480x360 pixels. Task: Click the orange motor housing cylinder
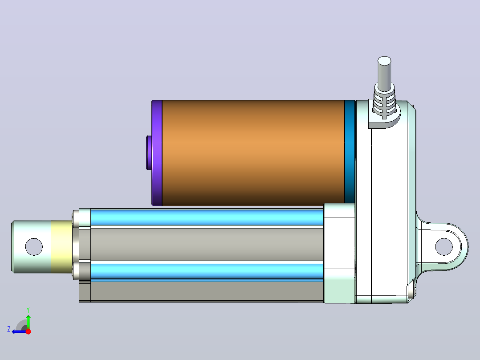253,152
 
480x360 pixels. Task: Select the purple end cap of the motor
157,152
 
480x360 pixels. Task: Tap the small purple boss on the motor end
149,152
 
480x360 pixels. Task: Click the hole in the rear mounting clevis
443,247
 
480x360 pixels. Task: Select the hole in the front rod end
34,247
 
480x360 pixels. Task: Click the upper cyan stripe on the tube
207,217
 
